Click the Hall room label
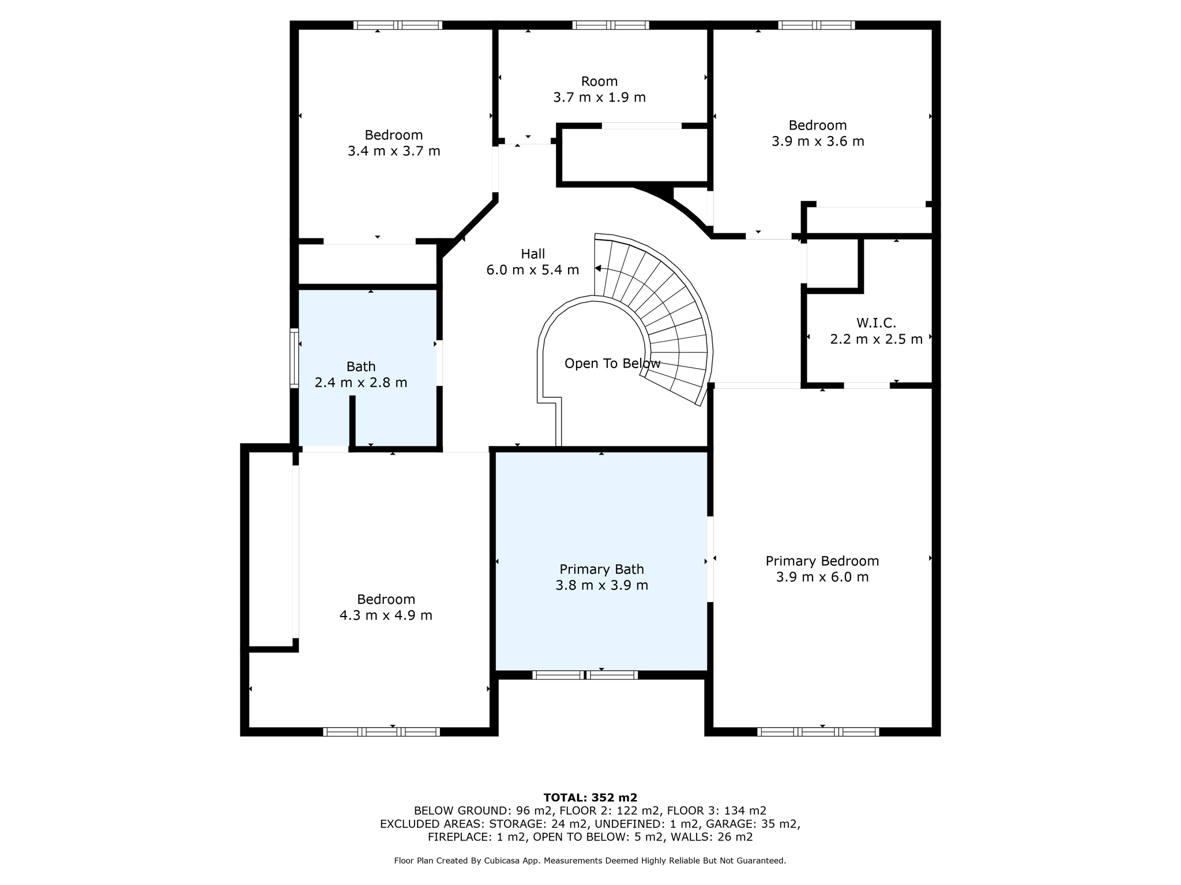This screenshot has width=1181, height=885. pyautogui.click(x=533, y=254)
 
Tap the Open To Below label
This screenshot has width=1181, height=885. pyautogui.click(x=612, y=364)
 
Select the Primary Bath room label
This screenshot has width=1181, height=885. pyautogui.click(x=601, y=569)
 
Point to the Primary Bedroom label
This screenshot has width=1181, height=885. pyautogui.click(x=822, y=561)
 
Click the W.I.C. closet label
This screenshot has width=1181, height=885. pyautogui.click(x=876, y=323)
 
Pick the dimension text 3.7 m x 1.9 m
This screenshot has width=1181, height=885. pyautogui.click(x=599, y=97)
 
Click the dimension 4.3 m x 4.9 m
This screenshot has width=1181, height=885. pyautogui.click(x=386, y=615)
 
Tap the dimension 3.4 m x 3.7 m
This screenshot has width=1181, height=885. pyautogui.click(x=394, y=151)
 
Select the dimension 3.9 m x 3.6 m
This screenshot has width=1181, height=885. pyautogui.click(x=818, y=141)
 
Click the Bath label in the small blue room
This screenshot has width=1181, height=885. pyautogui.click(x=361, y=366)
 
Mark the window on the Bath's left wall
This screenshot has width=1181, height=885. pyautogui.click(x=294, y=358)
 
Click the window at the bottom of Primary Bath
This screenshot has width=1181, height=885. pyautogui.click(x=585, y=675)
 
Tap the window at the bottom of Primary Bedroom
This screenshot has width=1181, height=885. pyautogui.click(x=818, y=732)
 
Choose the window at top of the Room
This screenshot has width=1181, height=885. pyautogui.click(x=611, y=25)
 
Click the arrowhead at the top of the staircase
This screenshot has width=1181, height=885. pyautogui.click(x=598, y=268)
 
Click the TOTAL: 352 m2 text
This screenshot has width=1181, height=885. pyautogui.click(x=590, y=798)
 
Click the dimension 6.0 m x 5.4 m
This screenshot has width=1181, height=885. pyautogui.click(x=533, y=270)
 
